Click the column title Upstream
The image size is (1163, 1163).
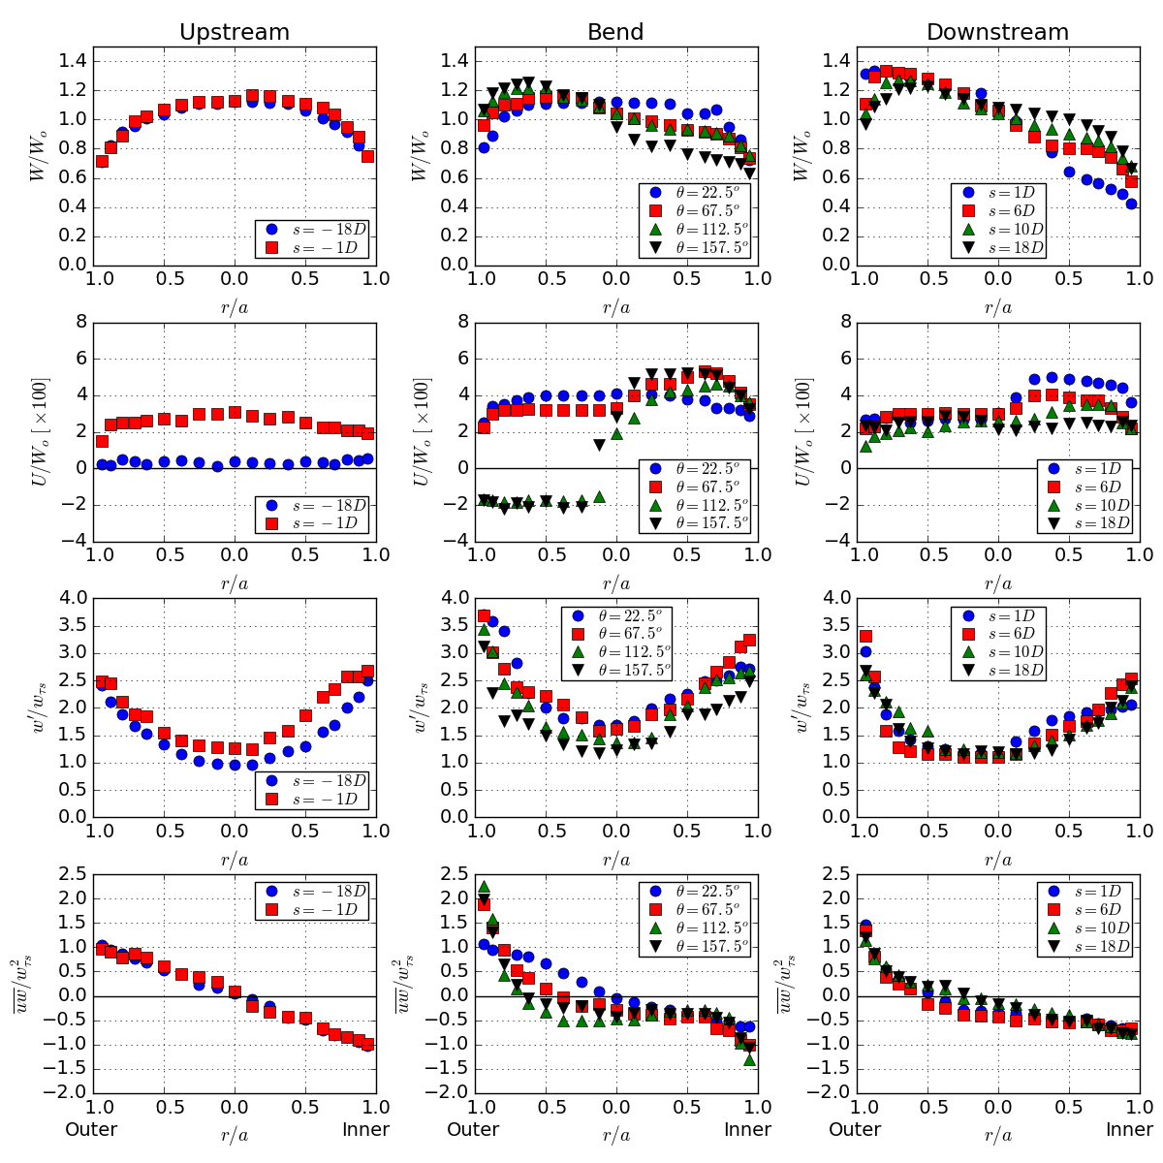pyautogui.click(x=235, y=32)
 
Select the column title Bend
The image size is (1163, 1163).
pyautogui.click(x=615, y=32)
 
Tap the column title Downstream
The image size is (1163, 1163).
pyautogui.click(x=997, y=32)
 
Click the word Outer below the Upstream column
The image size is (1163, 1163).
pyautogui.click(x=91, y=1129)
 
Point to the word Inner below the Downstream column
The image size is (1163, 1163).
pyautogui.click(x=1129, y=1129)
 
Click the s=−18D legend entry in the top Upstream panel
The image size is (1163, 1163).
pyautogui.click(x=314, y=230)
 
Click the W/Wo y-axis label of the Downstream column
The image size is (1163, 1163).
pyautogui.click(x=802, y=155)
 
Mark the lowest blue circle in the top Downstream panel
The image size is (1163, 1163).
pyautogui.click(x=1131, y=204)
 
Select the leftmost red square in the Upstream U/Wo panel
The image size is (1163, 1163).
pyautogui.click(x=102, y=441)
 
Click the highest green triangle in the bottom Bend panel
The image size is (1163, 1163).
pyautogui.click(x=484, y=887)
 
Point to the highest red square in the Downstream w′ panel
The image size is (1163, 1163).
pyautogui.click(x=865, y=636)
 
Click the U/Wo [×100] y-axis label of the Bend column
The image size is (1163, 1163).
pyautogui.click(x=422, y=431)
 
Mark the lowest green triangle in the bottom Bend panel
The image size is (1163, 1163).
pyautogui.click(x=749, y=1060)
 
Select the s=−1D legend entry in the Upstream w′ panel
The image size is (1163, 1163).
pyautogui.click(x=314, y=799)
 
